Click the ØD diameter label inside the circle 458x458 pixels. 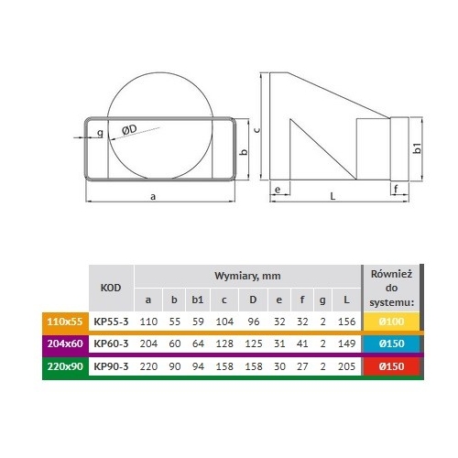(x=129, y=129)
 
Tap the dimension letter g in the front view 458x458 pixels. (x=100, y=133)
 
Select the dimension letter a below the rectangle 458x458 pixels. (x=153, y=197)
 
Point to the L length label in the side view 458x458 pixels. (x=333, y=196)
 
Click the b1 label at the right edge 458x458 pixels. (x=418, y=148)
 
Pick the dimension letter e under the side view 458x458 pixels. (x=278, y=190)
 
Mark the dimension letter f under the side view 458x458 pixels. (x=396, y=189)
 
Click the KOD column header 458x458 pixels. (x=111, y=288)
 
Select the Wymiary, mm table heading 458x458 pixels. (x=247, y=276)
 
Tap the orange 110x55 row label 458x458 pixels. (x=65, y=322)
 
